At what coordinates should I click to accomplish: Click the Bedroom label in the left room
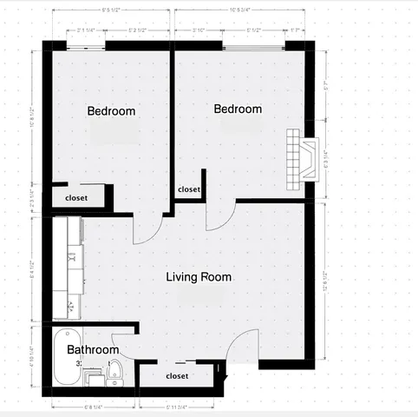click(112, 111)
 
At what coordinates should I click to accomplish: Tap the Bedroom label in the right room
click(238, 109)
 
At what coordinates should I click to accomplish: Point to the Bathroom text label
click(93, 350)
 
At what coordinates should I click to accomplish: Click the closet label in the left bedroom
click(77, 198)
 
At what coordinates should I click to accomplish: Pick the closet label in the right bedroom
click(189, 189)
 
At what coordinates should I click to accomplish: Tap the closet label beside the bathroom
click(177, 376)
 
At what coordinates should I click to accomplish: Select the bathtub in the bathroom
click(66, 358)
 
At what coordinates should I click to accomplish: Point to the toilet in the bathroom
click(117, 371)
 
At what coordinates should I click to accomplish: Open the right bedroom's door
click(219, 215)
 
